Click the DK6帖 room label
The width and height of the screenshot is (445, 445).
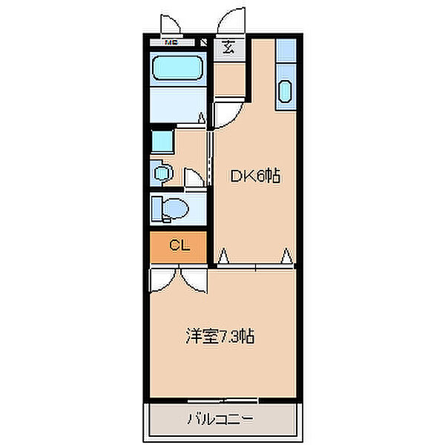pos(254,177)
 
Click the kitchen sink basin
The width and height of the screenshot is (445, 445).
pos(286,93)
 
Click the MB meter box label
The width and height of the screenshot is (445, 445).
pos(171,42)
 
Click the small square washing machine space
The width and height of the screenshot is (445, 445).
pos(161,142)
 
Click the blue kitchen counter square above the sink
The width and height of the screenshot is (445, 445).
pos(286,55)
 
